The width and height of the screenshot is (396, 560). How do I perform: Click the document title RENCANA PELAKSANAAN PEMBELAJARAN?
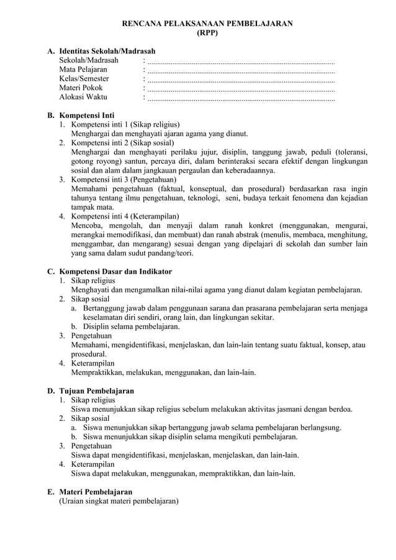[x=207, y=22]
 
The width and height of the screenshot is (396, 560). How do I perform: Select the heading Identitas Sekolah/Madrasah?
[x=107, y=50]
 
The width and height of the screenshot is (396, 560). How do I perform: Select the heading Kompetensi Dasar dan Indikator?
[x=115, y=271]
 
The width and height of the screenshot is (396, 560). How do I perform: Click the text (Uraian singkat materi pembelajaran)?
[x=119, y=501]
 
